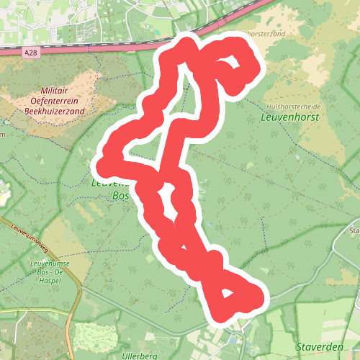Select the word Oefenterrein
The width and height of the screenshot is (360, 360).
coord(54,102)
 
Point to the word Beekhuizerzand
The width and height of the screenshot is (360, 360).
coord(54,112)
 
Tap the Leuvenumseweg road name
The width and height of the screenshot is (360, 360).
coord(30,238)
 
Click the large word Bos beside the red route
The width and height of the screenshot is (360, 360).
coord(120,195)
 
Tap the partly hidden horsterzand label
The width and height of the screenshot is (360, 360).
coord(266,34)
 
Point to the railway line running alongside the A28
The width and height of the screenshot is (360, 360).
coord(108,46)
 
